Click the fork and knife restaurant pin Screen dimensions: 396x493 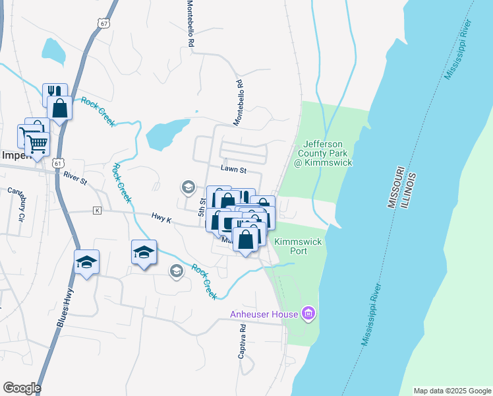[54, 93]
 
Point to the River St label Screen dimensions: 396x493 [75, 178]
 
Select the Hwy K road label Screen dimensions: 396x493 [161, 219]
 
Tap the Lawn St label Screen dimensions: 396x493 [233, 170]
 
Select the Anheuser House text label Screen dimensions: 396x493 [264, 314]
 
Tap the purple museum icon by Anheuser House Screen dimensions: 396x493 [308, 313]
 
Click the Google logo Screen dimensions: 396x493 [22, 388]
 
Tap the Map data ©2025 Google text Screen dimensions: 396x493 [451, 391]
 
